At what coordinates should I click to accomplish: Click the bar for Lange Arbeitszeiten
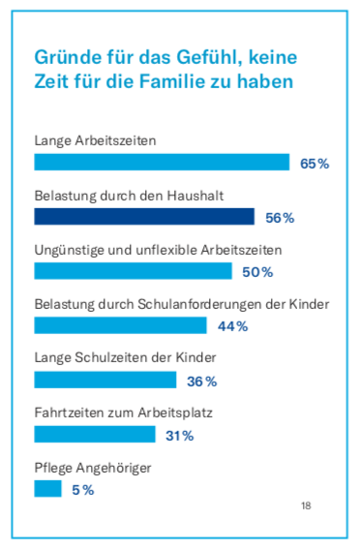(162, 162)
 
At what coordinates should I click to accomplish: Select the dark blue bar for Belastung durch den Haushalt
(144, 216)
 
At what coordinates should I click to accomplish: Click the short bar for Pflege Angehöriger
(47, 489)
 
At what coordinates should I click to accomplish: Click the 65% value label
(315, 163)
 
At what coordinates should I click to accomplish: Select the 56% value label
(279, 217)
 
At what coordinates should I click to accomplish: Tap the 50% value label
(257, 271)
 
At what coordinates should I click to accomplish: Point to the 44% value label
(232, 326)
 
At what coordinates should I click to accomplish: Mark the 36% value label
(201, 381)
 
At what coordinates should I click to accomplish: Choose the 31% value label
(179, 436)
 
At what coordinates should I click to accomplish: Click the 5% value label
(82, 490)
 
